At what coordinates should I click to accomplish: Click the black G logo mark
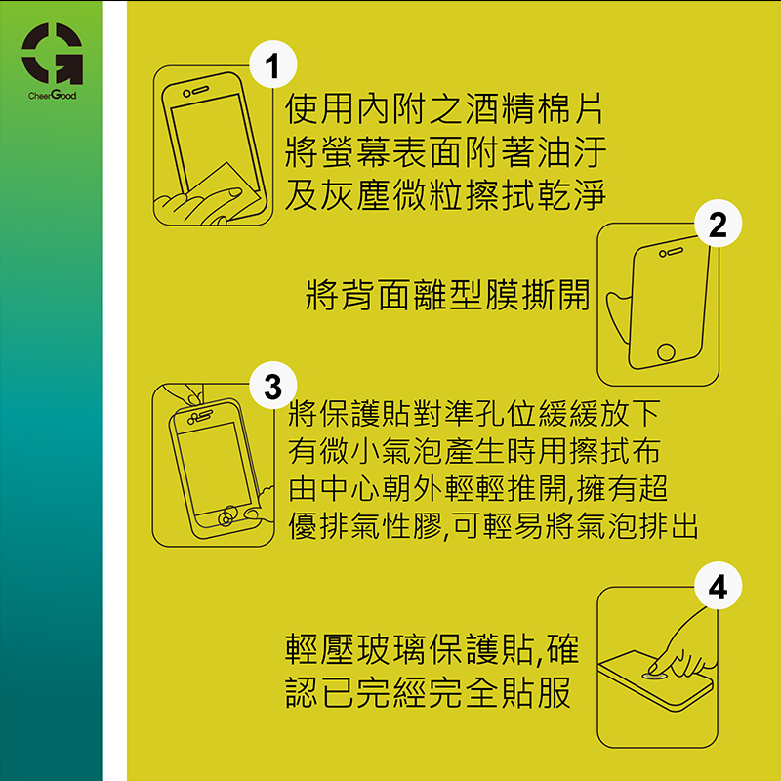(x=53, y=54)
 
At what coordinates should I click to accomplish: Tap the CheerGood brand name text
(x=53, y=95)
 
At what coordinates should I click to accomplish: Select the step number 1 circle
(x=273, y=64)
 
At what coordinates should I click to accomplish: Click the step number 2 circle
(x=718, y=224)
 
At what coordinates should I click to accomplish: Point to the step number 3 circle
(x=273, y=386)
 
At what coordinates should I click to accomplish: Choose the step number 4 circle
(x=718, y=586)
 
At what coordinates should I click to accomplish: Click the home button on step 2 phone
(x=666, y=351)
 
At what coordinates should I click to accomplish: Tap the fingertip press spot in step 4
(x=654, y=676)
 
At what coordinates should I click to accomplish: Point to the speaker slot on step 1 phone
(x=201, y=90)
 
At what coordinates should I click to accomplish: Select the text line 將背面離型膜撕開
(x=447, y=295)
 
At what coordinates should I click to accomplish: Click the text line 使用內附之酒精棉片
(x=444, y=108)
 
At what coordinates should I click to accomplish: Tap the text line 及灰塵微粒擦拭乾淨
(x=445, y=193)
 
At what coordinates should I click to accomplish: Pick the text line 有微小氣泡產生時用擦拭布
(x=474, y=451)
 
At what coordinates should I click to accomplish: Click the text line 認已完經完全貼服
(x=429, y=692)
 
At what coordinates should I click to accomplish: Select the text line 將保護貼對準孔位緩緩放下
(x=474, y=413)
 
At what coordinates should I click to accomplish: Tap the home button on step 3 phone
(x=227, y=516)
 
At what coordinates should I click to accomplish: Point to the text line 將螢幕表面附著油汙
(x=445, y=151)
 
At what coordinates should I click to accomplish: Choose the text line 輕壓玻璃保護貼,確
(x=432, y=649)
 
